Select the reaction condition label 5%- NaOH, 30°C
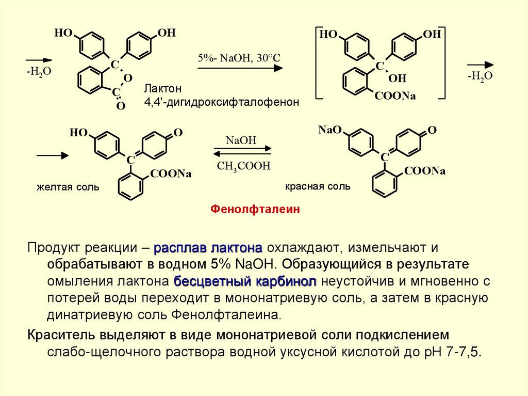point(238,57)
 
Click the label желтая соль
point(68,186)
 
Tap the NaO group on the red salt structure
point(330,130)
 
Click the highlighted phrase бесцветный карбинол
point(244,282)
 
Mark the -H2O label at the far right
point(480,75)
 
